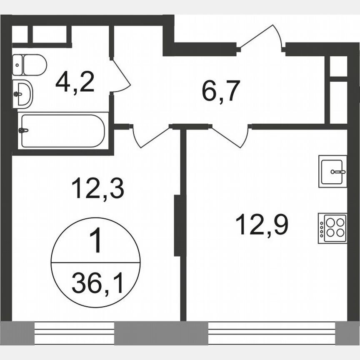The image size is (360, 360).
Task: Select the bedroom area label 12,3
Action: click(98, 188)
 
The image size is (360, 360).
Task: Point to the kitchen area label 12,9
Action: click(262, 225)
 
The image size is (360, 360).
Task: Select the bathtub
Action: click(62, 130)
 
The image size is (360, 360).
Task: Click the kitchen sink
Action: click(332, 171)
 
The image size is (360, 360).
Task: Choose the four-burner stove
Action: click(332, 228)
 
